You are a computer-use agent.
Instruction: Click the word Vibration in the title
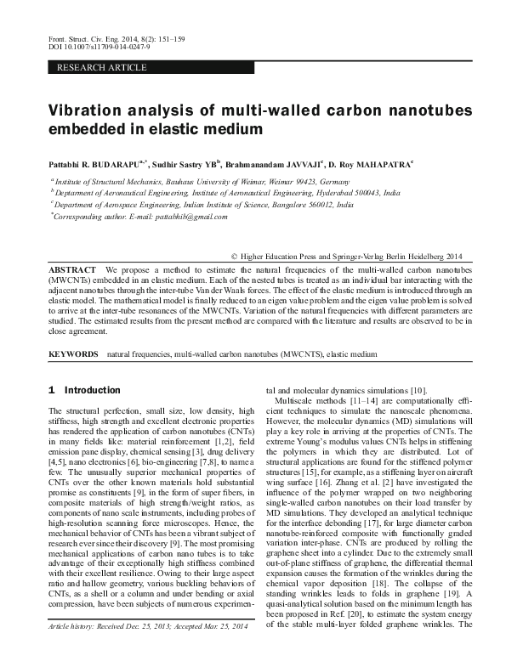pos(89,110)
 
